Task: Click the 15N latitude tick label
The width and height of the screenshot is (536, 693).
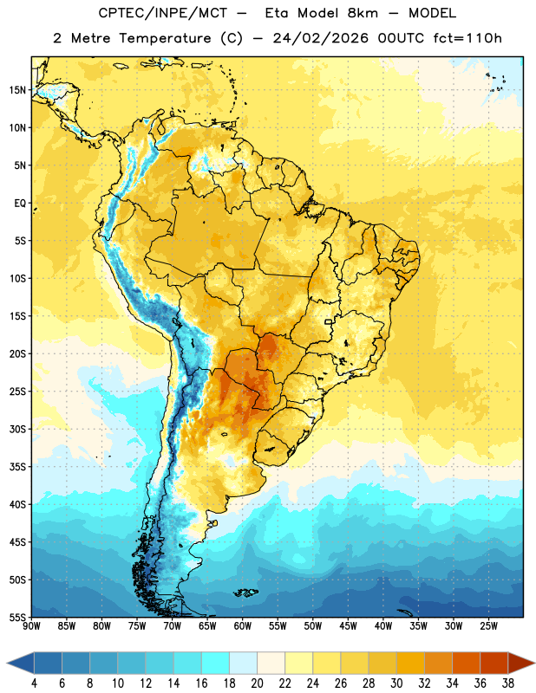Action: [17, 90]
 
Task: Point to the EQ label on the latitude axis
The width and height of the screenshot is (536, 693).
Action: [20, 204]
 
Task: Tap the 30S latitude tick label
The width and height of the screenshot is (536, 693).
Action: [17, 429]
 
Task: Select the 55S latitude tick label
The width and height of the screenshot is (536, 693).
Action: [17, 618]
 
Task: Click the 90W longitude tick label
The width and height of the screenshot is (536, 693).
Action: [31, 626]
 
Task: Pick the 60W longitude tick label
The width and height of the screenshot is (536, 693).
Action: [243, 626]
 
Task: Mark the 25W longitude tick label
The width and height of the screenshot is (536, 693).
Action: [488, 626]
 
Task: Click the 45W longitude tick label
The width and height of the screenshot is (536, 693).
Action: [348, 626]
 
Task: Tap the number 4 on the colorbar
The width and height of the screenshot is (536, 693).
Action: [34, 683]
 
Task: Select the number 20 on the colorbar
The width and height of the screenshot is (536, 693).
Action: [257, 683]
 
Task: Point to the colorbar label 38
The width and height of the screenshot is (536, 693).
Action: [508, 683]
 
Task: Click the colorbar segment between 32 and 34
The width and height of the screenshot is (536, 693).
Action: [438, 664]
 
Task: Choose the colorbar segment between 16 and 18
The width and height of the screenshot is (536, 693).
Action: [215, 664]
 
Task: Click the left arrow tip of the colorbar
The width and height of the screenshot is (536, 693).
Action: [7, 664]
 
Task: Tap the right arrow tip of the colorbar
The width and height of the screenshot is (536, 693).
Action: [534, 664]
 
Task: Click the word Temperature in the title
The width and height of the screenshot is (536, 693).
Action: [165, 38]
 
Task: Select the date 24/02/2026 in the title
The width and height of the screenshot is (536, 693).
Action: [320, 38]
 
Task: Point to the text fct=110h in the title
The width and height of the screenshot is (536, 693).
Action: [467, 38]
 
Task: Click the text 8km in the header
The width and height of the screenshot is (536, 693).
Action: [363, 13]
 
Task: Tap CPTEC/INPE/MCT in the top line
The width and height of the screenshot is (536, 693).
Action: [163, 13]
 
